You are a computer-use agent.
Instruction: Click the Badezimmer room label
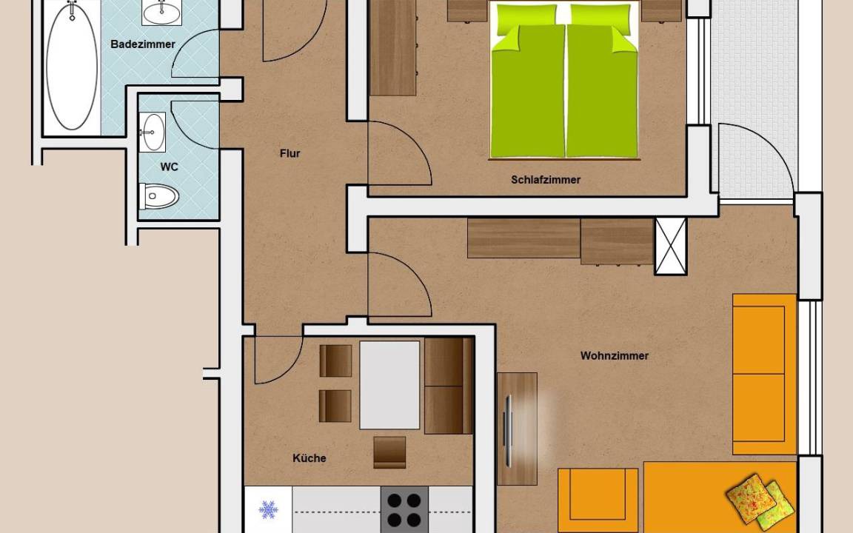coord(142,44)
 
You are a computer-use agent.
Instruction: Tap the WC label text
coord(169,167)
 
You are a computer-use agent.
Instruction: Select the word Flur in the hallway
coord(290,153)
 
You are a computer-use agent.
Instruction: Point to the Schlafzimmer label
coord(546,179)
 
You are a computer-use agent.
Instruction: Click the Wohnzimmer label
coord(614,355)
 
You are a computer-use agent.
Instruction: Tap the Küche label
coord(310,458)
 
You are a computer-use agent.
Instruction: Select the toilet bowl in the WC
coord(159,196)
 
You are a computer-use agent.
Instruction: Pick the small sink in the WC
coord(153,133)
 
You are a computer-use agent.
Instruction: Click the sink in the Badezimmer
coord(161,11)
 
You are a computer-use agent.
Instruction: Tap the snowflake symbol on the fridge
coord(267,510)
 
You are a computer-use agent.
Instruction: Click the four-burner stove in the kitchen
coord(404,509)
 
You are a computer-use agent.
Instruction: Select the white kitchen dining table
coord(389,385)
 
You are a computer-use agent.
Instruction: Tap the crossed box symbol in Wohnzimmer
coord(671,247)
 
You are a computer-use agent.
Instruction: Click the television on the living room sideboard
coord(509,431)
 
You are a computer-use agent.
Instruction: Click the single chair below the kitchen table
coord(389,452)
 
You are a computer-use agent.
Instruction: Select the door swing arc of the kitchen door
coord(287,366)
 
